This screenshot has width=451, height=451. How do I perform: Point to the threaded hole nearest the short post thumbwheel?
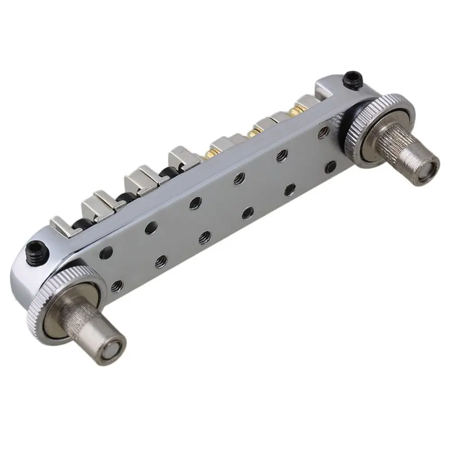pyautogui.click(x=116, y=285)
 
